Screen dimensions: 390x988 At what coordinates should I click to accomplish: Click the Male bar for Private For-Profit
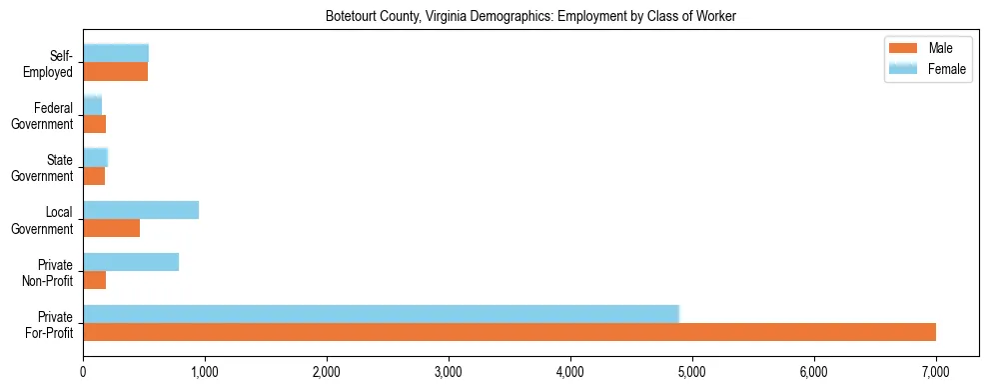(x=509, y=332)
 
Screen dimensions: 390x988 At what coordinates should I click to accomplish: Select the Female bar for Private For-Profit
(x=381, y=314)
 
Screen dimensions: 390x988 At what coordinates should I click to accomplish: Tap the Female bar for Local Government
(x=141, y=210)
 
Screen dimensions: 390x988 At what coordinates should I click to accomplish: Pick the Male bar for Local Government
(x=111, y=228)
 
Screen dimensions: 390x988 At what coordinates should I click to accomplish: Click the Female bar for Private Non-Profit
(x=131, y=262)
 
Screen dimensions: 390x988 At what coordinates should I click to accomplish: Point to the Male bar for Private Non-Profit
(x=95, y=280)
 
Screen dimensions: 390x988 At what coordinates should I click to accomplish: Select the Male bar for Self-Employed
(x=115, y=72)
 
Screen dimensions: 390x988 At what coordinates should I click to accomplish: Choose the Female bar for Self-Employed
(x=116, y=53)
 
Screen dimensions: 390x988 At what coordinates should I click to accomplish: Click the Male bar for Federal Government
(x=95, y=124)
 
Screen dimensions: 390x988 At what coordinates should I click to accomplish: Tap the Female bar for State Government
(x=96, y=157)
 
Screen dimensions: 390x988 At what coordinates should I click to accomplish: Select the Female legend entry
(x=929, y=68)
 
